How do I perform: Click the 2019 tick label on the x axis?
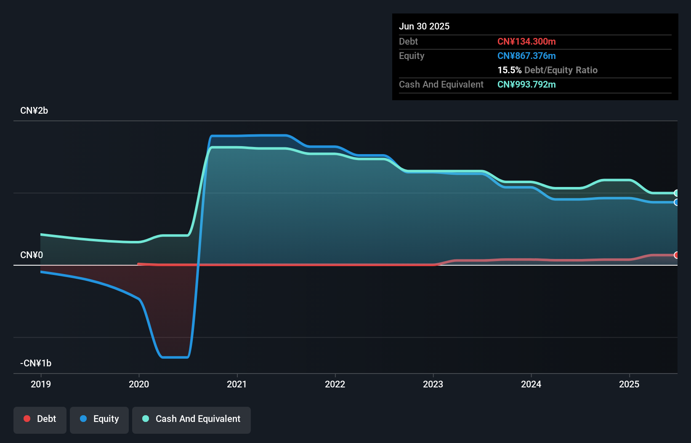click(41, 384)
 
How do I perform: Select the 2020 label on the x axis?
click(139, 384)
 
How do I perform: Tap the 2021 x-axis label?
click(237, 384)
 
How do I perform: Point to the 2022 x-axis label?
click(335, 384)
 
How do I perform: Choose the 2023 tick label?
click(433, 384)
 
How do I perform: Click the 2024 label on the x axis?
click(531, 384)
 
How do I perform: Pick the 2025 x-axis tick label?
click(629, 384)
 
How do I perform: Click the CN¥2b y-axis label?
click(34, 111)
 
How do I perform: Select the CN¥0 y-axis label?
click(32, 255)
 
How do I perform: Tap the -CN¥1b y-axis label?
click(36, 363)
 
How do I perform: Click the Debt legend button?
click(40, 419)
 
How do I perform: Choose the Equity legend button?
click(99, 419)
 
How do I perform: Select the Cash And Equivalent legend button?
click(191, 419)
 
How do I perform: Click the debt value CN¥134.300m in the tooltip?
click(526, 42)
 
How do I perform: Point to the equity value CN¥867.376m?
click(526, 56)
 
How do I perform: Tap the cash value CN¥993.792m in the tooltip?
click(526, 85)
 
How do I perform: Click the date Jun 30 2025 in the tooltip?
click(424, 27)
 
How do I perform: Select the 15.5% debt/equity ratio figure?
click(509, 70)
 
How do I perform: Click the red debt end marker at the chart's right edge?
click(676, 255)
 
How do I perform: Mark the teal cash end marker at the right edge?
click(676, 193)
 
